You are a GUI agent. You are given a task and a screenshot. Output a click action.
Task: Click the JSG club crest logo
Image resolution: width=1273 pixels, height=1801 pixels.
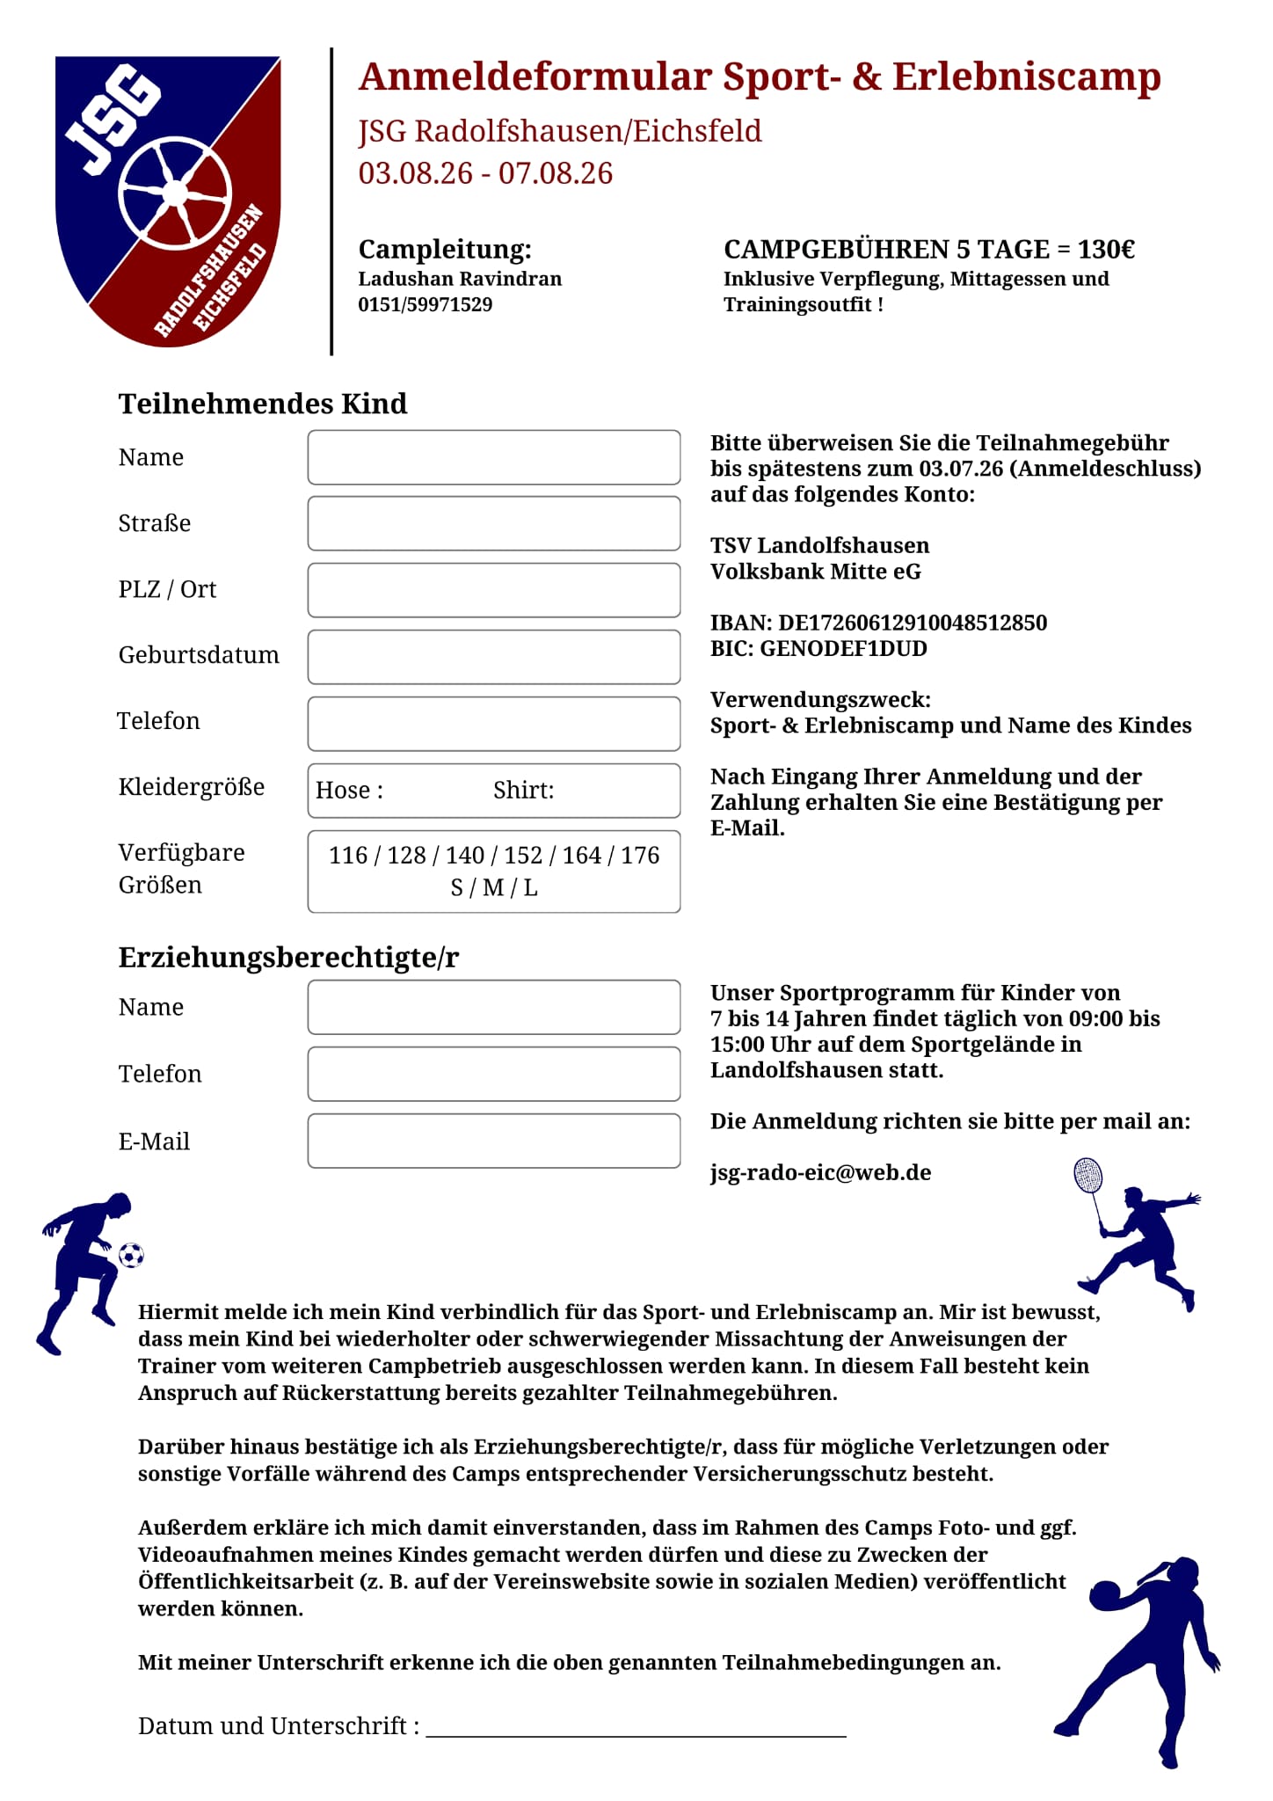click(x=168, y=201)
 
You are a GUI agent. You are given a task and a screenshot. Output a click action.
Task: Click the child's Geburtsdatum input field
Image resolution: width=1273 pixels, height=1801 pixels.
click(x=493, y=657)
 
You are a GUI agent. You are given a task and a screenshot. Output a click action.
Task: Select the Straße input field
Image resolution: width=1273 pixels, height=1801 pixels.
click(x=493, y=523)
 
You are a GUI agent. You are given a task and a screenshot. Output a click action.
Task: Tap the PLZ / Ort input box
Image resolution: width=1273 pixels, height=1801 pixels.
click(x=493, y=590)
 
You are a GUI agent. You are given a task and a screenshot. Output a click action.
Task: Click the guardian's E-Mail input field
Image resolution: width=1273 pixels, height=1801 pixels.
click(x=493, y=1141)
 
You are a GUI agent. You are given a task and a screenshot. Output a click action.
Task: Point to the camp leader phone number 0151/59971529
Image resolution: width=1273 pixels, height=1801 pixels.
click(x=425, y=305)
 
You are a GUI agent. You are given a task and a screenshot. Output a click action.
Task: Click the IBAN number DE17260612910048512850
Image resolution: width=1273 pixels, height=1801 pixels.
click(x=913, y=623)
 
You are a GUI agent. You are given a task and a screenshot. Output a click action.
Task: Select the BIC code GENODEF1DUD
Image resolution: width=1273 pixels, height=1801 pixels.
click(x=843, y=649)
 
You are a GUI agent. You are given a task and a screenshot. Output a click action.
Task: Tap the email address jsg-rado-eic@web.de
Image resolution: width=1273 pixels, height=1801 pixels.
click(x=820, y=1172)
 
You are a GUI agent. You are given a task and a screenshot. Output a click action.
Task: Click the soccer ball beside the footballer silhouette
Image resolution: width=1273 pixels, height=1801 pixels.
click(x=131, y=1255)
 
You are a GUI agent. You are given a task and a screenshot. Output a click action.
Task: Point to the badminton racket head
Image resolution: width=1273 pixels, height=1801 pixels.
click(x=1088, y=1175)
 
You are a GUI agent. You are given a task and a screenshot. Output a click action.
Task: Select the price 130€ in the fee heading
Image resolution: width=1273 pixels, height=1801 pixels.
click(x=1106, y=250)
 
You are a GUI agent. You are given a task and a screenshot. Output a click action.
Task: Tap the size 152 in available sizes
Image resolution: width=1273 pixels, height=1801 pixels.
click(x=523, y=856)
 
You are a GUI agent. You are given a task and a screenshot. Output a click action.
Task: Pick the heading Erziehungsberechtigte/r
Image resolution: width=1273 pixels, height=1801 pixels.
click(x=288, y=957)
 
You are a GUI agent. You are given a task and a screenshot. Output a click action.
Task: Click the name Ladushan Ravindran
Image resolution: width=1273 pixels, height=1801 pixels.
click(x=460, y=279)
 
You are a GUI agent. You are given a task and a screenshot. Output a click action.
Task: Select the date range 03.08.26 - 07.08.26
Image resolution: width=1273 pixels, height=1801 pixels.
click(x=485, y=173)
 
